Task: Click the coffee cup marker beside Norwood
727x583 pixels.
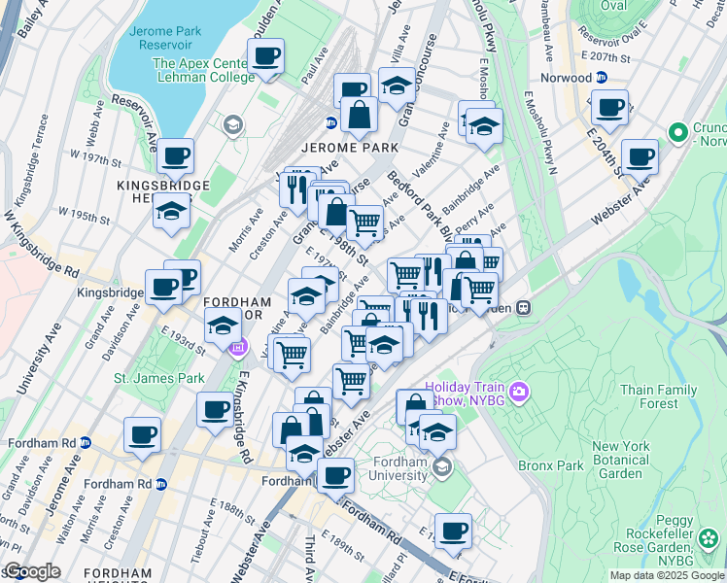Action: [609, 109]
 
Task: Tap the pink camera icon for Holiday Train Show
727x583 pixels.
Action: [520, 392]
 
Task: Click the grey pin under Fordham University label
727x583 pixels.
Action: [443, 468]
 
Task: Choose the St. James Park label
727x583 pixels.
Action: [146, 377]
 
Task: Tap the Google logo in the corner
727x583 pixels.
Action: [31, 571]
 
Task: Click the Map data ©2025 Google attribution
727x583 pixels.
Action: [667, 575]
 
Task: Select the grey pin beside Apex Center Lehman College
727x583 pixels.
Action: [232, 124]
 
